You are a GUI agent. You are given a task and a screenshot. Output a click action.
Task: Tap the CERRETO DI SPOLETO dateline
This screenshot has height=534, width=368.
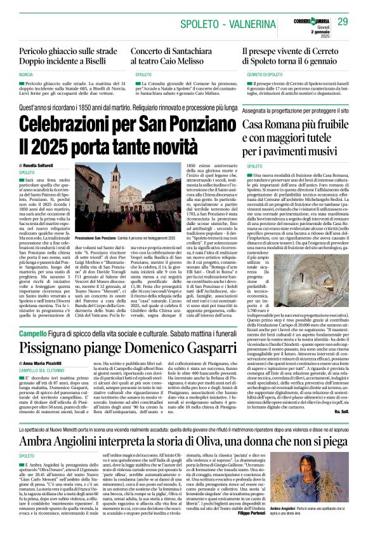[263, 75]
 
